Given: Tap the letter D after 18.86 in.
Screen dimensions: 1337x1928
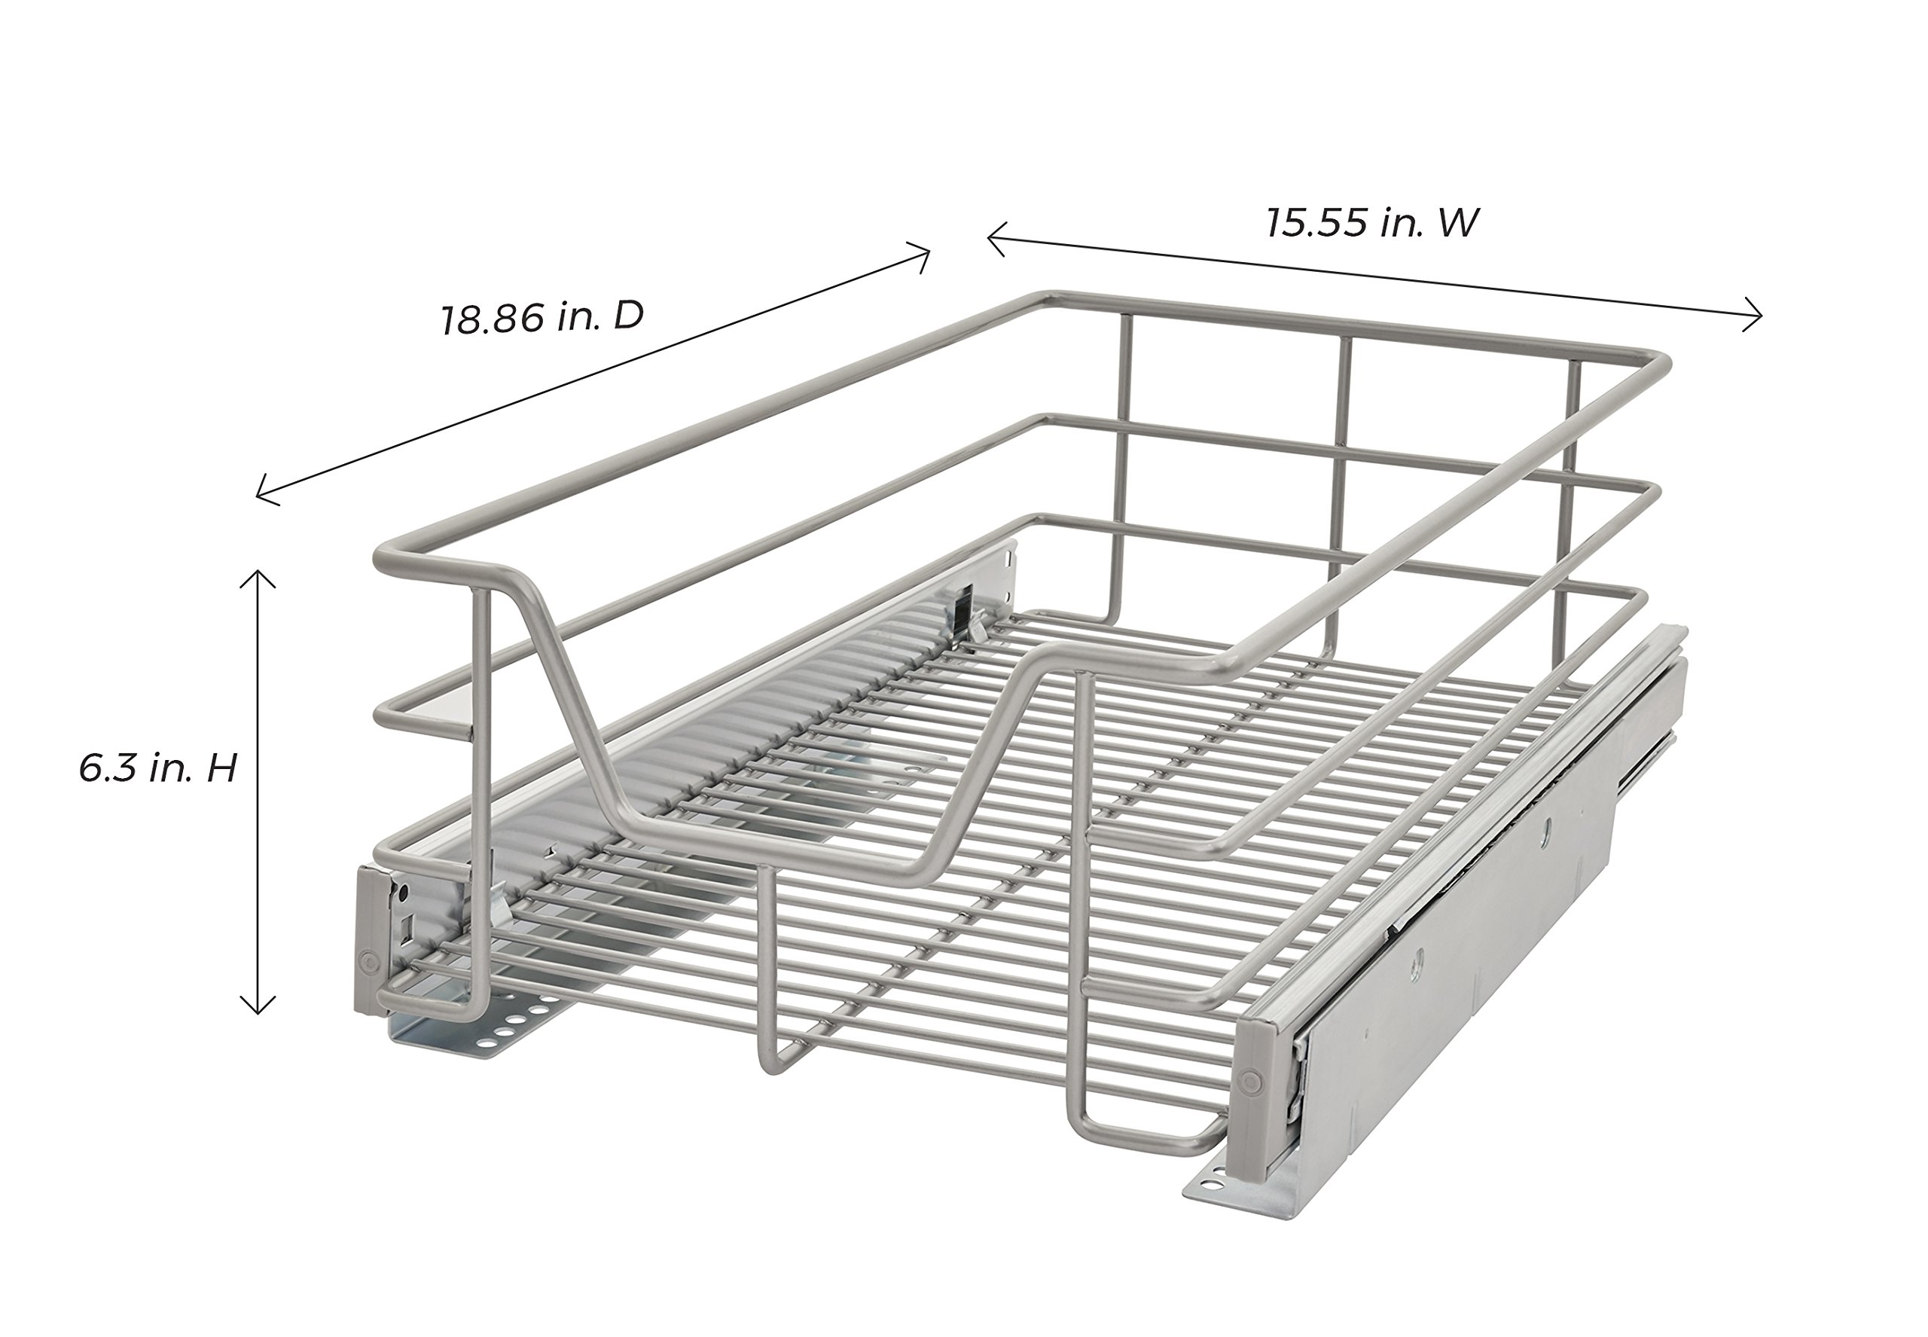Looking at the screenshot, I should [628, 315].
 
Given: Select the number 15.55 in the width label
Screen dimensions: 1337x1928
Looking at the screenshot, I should [1316, 224].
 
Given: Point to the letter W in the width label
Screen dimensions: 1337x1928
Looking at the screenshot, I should [1458, 223].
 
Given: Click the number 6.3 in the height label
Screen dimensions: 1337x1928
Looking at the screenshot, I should [106, 768].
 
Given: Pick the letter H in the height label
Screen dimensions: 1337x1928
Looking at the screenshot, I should [222, 768].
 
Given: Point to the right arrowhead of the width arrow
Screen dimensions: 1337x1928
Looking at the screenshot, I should [1757, 315].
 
